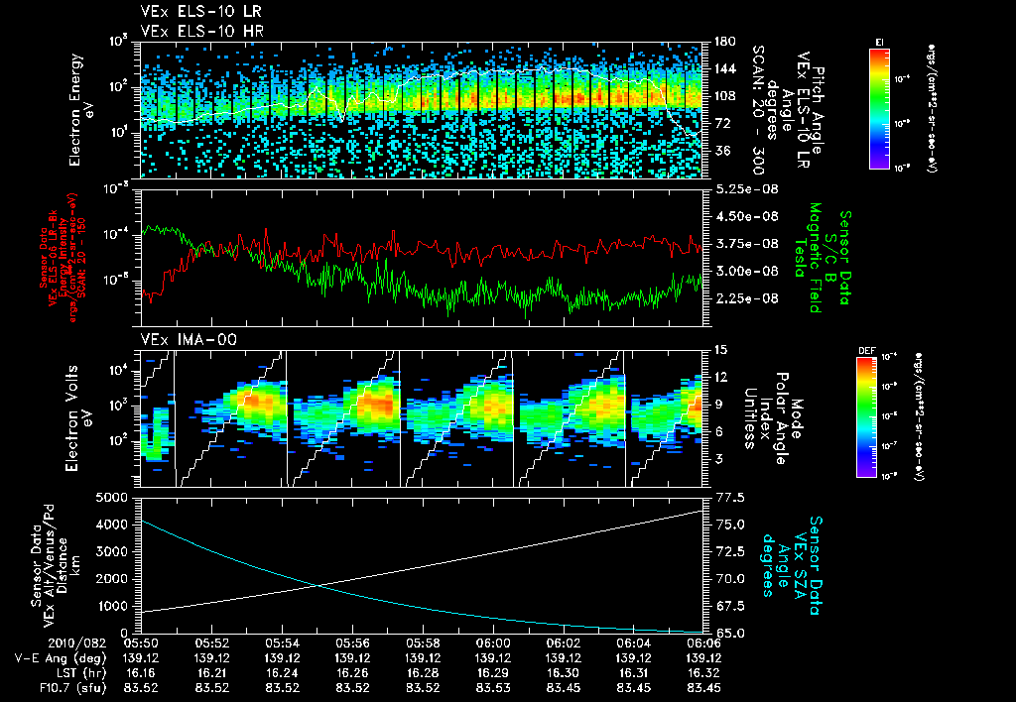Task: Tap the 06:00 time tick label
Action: coord(493,643)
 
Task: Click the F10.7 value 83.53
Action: coord(493,687)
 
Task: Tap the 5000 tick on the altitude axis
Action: coord(117,497)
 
